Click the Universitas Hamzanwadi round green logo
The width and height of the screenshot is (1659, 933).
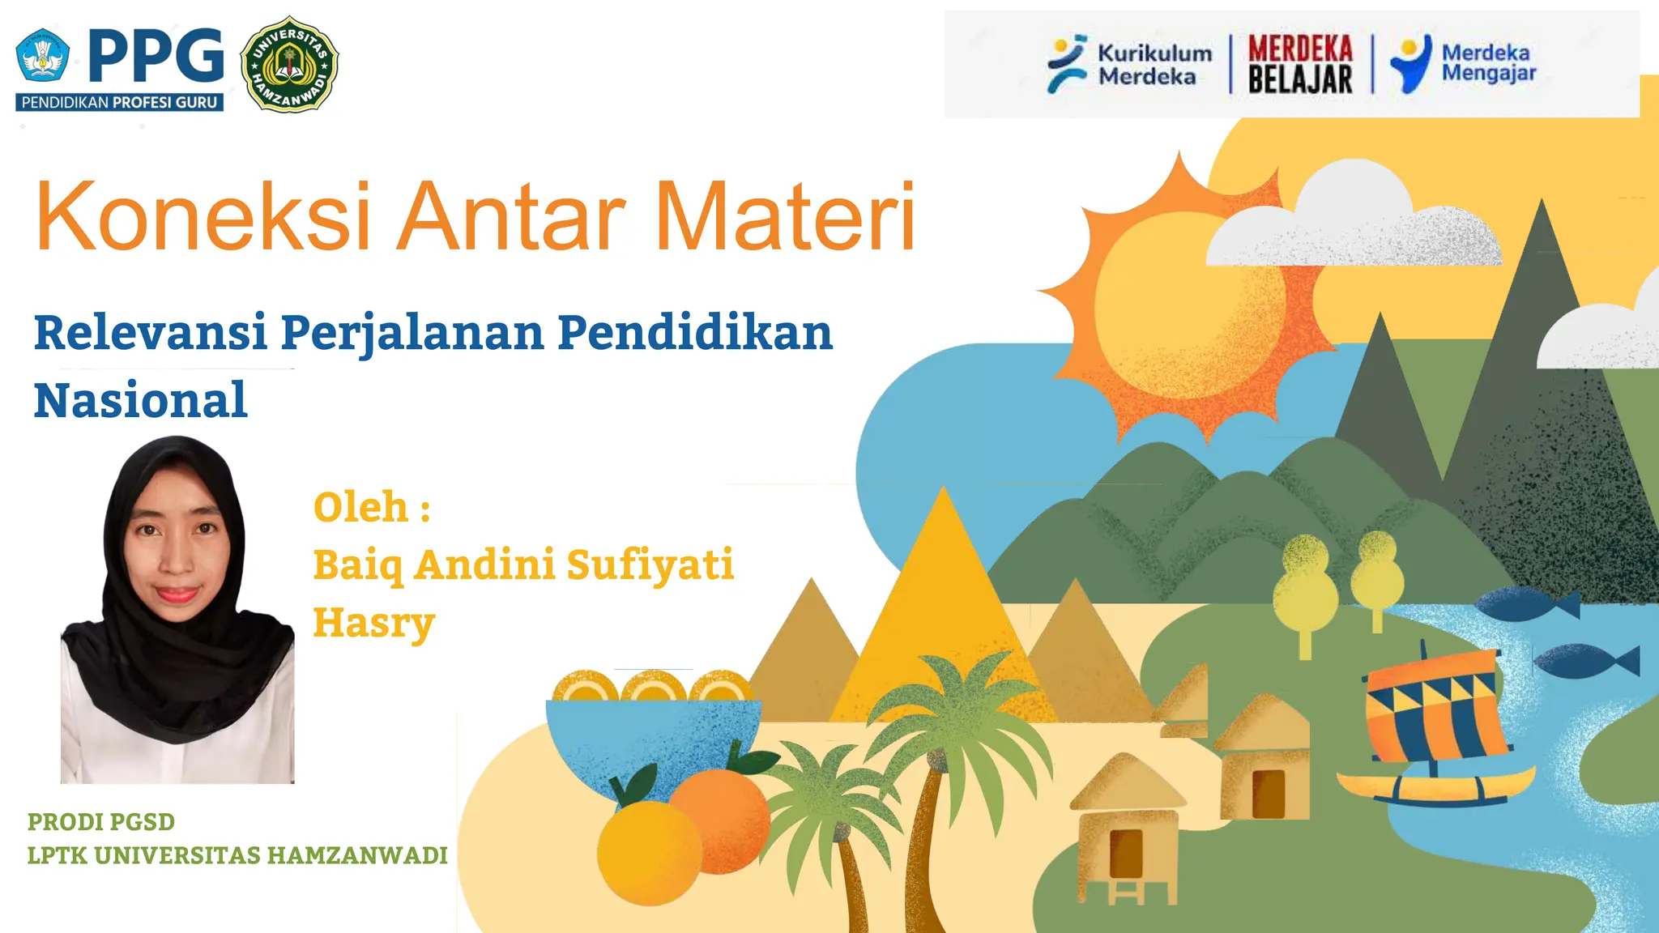point(289,64)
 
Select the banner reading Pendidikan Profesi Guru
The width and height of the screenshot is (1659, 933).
point(119,102)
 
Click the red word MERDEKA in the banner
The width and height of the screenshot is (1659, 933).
point(1300,49)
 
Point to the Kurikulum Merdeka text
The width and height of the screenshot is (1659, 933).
point(1154,65)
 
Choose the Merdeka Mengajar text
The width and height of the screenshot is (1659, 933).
point(1488,62)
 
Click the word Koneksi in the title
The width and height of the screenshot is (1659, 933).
point(203,217)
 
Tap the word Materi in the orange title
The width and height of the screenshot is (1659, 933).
point(784,217)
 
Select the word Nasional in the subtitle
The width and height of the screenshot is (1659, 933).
point(140,400)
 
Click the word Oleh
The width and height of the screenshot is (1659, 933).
point(361,508)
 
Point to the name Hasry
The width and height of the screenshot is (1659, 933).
point(374,623)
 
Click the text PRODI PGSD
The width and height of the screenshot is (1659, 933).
point(101,821)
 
